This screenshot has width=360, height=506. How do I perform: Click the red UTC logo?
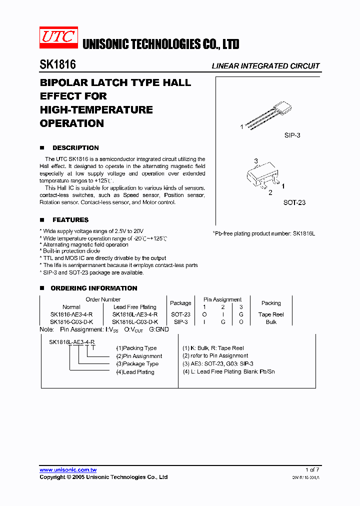58,38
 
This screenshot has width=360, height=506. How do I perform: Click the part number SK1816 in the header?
57,65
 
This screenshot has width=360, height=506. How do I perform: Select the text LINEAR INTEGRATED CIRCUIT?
265,66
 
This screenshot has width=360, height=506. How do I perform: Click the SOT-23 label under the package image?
294,202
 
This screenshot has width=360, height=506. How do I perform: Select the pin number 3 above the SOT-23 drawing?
255,161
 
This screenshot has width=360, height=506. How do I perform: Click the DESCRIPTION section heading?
75,148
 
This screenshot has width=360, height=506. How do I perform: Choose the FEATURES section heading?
70,220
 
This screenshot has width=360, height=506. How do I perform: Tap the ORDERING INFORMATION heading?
93,288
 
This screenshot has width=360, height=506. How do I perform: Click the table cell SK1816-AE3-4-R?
71,314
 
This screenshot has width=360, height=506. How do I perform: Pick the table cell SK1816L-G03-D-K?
134,322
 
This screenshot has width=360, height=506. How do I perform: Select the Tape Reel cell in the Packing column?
271,314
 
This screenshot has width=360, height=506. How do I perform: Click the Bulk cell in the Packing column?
271,322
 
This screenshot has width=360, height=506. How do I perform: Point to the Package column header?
180,303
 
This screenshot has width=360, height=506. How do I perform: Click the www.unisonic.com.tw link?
68,470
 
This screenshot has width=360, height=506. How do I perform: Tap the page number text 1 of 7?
312,470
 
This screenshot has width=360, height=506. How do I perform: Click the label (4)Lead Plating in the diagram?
135,372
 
